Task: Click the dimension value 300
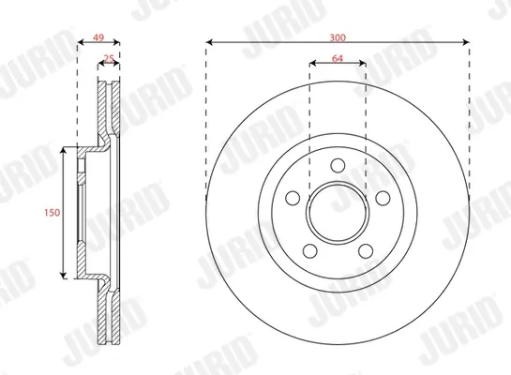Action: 338,37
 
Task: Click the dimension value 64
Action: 338,59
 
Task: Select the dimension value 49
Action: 98,37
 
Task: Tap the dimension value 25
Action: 109,59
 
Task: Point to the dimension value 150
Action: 53,213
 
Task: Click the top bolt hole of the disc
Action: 338,165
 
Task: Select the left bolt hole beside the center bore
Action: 293,198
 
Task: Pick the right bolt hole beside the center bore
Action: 383,198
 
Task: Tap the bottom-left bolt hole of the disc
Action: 310,251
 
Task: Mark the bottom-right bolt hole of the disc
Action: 366,251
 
